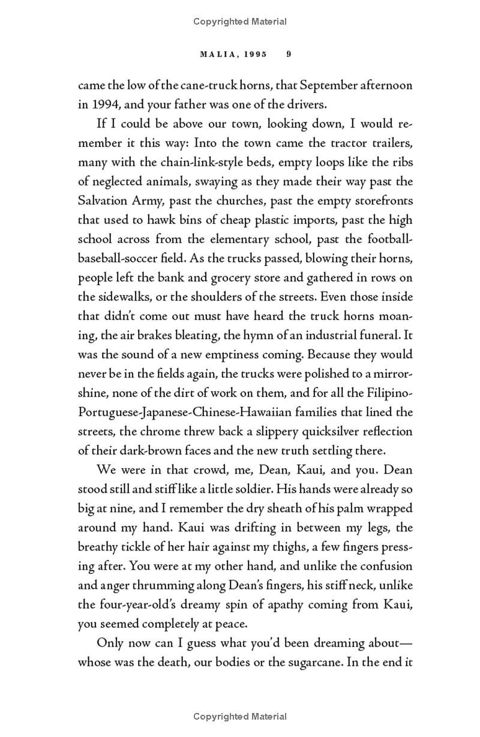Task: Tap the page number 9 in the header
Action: pyautogui.click(x=289, y=54)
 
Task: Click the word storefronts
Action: pyautogui.click(x=383, y=200)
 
